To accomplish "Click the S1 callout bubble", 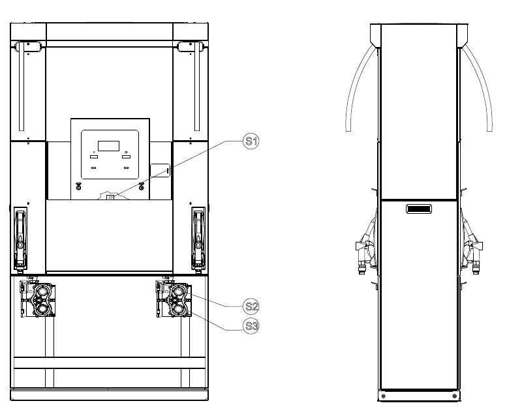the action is [251, 141].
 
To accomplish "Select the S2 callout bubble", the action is [251, 306].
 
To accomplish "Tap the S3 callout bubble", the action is [251, 326].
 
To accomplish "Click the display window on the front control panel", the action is [108, 146].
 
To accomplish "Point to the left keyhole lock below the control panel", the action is [78, 186].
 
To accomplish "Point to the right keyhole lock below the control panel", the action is [142, 186].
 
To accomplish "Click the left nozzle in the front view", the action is [20, 240].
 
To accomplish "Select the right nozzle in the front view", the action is [198, 240].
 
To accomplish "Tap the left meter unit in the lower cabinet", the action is [38, 300].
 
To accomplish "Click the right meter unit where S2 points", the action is [174, 300].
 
